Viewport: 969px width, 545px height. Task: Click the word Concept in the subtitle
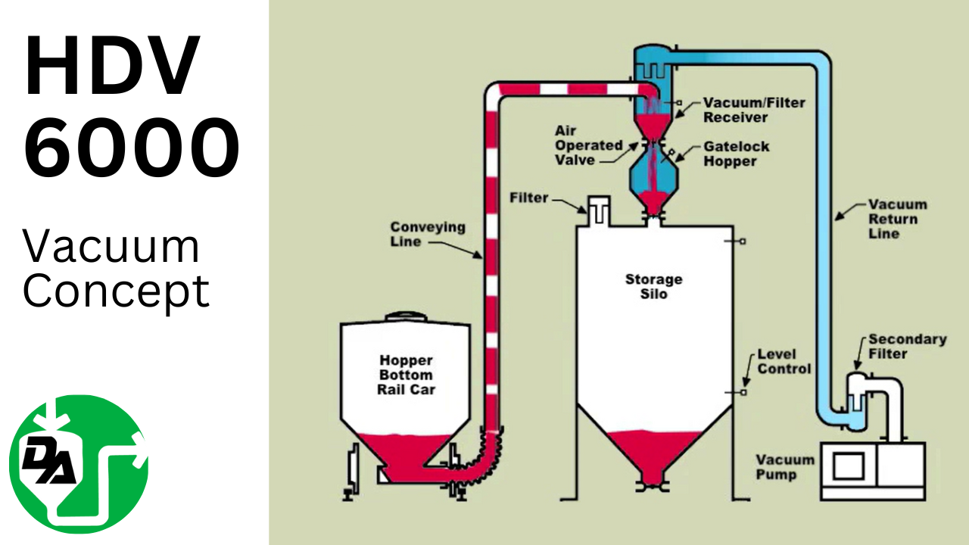116,291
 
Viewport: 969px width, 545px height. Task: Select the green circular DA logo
78,464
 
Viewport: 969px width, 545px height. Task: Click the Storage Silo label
653,286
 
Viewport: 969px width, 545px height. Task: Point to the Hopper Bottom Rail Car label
406,374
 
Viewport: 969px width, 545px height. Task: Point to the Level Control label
784,361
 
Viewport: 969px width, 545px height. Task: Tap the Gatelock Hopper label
731,153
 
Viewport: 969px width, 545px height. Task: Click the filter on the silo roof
598,209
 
